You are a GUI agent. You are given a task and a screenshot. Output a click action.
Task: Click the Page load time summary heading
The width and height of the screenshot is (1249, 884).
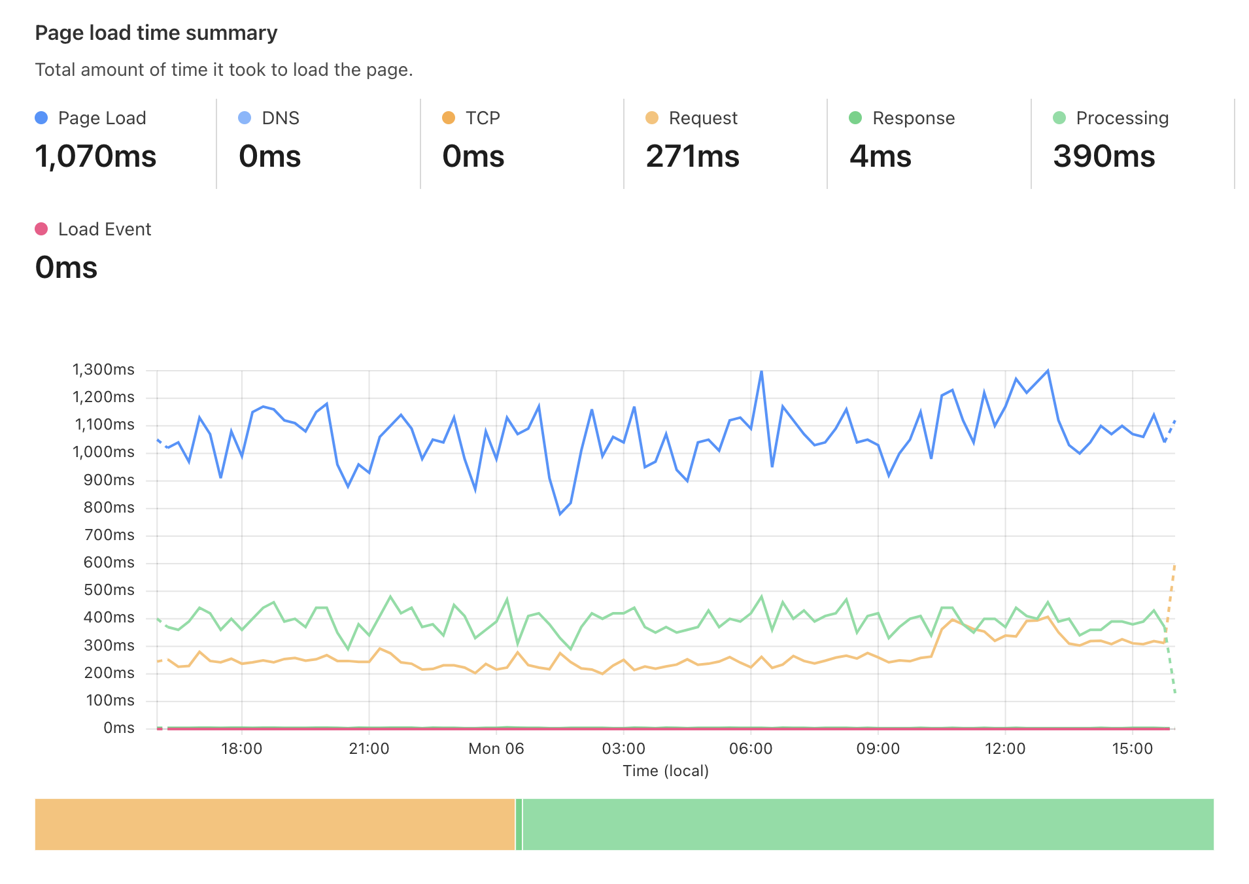156,33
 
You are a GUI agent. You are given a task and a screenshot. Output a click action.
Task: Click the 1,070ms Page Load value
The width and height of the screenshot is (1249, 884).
95,156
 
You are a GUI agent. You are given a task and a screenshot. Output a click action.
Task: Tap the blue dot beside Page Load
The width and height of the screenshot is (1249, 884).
41,118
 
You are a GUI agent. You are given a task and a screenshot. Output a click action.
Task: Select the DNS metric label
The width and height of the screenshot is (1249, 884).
280,118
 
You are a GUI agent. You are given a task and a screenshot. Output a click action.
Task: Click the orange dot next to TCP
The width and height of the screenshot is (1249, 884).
449,118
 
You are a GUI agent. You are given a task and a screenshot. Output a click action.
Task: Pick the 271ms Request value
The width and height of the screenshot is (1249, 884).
692,156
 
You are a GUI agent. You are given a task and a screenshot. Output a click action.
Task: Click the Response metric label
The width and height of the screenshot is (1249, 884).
913,118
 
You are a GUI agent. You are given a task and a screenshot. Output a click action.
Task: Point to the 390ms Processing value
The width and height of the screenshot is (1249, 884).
1103,156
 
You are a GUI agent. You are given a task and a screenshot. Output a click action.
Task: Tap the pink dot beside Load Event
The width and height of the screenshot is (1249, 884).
41,229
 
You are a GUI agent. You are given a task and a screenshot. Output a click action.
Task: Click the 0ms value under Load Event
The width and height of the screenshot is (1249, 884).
66,267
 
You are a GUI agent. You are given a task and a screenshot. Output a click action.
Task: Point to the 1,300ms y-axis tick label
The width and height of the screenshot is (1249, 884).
103,369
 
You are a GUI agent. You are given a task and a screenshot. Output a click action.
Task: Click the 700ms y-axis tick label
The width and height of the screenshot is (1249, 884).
109,535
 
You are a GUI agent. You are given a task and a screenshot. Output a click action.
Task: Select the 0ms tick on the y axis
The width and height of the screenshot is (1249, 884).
118,728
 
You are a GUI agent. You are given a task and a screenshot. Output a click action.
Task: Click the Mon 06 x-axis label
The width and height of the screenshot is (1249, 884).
496,749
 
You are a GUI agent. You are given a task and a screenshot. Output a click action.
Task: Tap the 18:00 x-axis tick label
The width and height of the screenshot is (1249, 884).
241,749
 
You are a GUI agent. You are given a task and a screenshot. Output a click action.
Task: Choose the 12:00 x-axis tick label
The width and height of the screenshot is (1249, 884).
1004,749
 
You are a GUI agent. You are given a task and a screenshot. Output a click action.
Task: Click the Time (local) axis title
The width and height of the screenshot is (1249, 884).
665,771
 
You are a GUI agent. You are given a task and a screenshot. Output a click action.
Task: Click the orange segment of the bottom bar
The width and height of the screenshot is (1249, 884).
275,824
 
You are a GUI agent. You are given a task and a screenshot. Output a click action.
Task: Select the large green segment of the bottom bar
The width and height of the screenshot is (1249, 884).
868,824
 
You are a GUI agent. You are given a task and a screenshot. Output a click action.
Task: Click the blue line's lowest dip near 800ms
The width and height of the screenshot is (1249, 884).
560,514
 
